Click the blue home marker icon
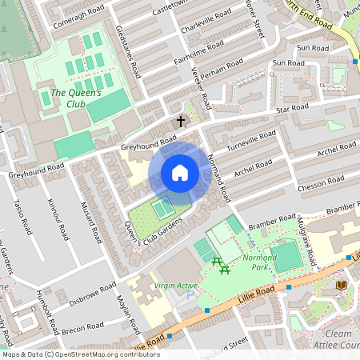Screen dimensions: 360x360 pos(179,173)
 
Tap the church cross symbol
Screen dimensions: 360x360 pos(181,122)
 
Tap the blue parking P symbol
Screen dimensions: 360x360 pos(190,295)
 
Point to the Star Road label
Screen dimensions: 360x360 pos(292,106)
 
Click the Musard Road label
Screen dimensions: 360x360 pos(87,220)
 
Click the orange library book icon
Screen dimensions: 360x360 pos(341,285)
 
